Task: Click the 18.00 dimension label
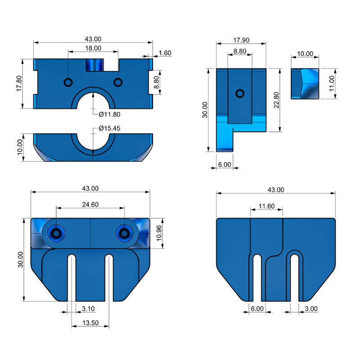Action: point(93,48)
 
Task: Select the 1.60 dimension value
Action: point(165,53)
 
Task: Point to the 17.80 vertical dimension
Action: point(19,84)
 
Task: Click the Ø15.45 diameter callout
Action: point(109,128)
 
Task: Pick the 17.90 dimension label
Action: point(241,40)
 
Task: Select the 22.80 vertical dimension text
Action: point(276,100)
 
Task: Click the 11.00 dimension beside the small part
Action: point(332,84)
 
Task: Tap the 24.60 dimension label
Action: point(90,204)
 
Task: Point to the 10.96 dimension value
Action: point(160,233)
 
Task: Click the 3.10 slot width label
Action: point(88,309)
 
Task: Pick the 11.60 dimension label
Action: point(266,206)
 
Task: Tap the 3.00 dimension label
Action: point(311,309)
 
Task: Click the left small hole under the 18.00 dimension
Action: point(68,82)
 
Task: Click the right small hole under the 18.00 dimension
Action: point(118,82)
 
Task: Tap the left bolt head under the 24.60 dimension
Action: point(57,233)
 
